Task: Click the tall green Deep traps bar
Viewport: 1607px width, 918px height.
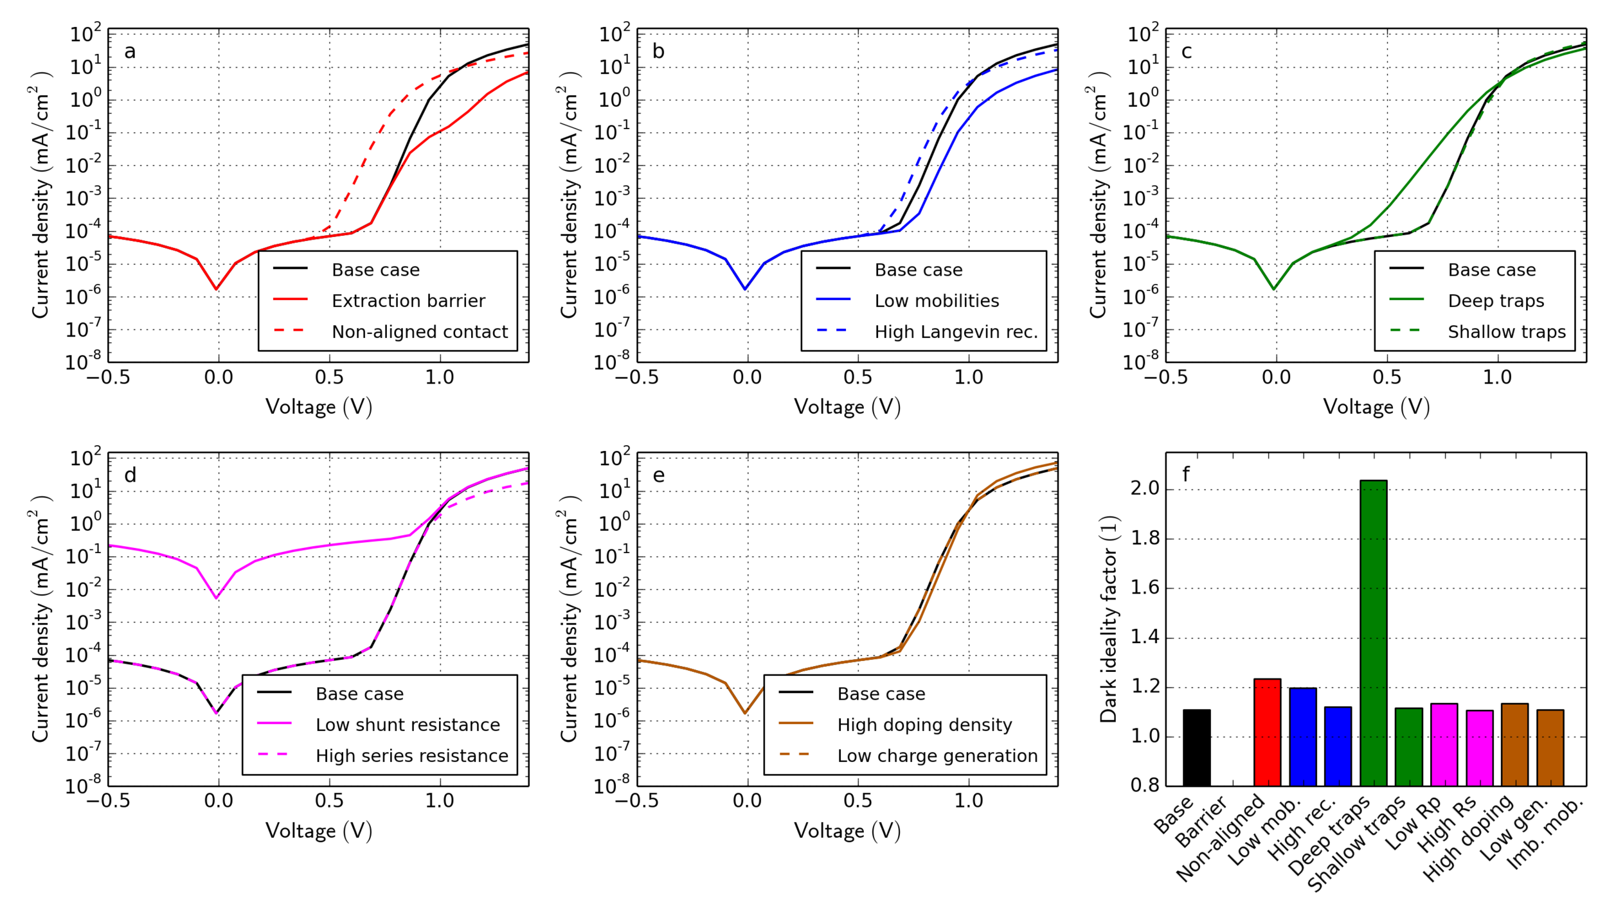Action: (1373, 633)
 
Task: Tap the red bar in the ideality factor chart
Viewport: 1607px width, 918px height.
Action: (1267, 732)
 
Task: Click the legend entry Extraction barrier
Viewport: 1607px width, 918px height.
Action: (408, 301)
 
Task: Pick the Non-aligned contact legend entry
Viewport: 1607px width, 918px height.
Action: (419, 331)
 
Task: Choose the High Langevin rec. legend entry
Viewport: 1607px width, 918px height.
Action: (956, 331)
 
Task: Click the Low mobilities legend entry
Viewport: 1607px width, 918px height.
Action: (937, 301)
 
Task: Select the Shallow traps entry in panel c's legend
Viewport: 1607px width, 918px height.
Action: (1506, 331)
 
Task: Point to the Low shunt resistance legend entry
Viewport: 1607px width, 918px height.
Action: (408, 725)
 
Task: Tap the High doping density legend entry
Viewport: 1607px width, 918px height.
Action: (924, 725)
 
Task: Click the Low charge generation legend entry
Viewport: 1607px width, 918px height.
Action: (937, 755)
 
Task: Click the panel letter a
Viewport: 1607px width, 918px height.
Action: (130, 51)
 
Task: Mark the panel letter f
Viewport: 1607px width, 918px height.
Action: (1186, 475)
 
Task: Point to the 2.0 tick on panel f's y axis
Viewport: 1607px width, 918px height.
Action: (1144, 489)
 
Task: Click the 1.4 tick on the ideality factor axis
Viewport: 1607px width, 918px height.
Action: (1144, 637)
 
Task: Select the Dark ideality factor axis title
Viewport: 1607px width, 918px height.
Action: (1109, 619)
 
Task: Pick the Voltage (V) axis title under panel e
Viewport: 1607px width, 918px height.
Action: (847, 831)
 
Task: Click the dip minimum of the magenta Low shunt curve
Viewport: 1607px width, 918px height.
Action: (217, 598)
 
